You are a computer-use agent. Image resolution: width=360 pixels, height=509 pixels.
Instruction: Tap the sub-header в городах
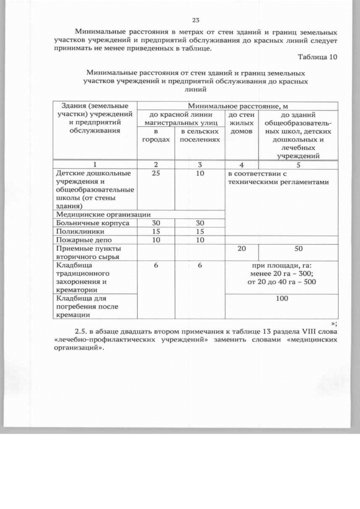point(155,134)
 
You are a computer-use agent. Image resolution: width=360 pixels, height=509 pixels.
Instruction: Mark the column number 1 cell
point(94,165)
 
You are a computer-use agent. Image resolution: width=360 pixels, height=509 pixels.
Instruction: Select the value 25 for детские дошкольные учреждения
point(155,174)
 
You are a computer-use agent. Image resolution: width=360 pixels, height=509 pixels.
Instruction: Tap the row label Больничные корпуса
point(92,223)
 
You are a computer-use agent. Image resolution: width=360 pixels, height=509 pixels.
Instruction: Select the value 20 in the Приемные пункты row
point(241,248)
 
